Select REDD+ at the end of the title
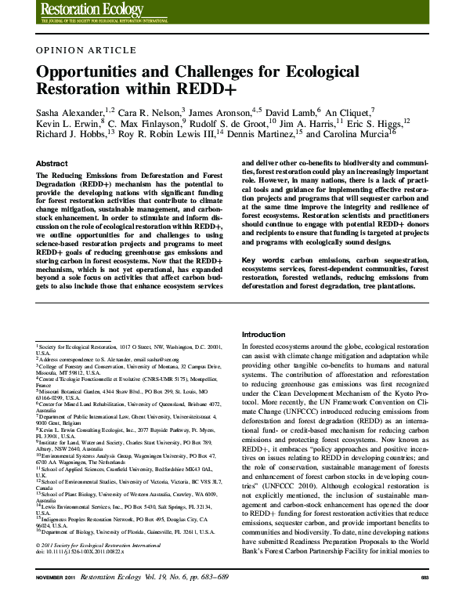point(197,89)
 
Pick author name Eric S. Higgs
point(373,123)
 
